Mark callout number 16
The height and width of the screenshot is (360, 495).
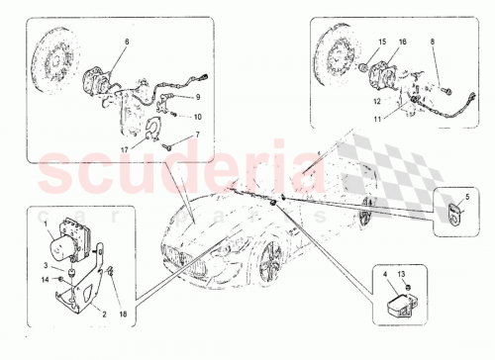pyautogui.click(x=401, y=44)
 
